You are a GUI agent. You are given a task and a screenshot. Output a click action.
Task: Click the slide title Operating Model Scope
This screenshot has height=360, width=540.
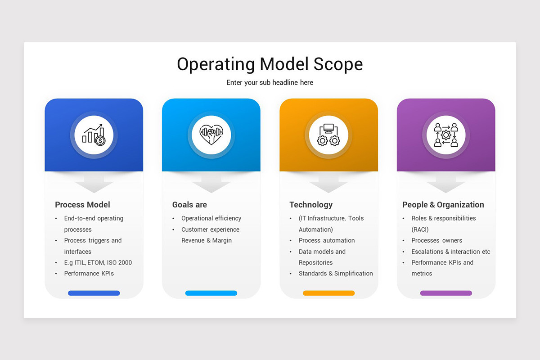(x=270, y=64)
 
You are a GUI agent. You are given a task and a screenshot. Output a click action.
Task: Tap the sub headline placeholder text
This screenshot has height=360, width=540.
(x=270, y=83)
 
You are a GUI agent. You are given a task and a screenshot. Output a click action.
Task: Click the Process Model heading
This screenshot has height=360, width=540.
(x=82, y=205)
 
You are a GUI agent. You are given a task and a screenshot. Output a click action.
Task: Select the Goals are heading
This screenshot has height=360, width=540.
(x=189, y=205)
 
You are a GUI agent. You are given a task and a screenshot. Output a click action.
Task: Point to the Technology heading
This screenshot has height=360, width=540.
(x=311, y=205)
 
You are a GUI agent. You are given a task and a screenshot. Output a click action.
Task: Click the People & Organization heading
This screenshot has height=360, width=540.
(x=443, y=205)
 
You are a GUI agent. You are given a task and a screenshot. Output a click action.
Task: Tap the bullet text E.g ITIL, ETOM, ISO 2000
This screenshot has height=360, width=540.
(x=98, y=262)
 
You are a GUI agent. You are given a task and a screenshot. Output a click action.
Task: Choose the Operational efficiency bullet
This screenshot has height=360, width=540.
(x=211, y=218)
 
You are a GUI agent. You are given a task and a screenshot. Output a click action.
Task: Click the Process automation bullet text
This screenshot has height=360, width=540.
(x=327, y=240)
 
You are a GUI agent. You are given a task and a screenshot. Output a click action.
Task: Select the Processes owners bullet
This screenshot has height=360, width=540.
(x=436, y=240)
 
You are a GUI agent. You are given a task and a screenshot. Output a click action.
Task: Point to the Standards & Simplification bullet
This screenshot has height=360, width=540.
(x=336, y=273)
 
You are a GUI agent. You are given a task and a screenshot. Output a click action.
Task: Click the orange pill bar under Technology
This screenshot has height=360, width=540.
(x=328, y=293)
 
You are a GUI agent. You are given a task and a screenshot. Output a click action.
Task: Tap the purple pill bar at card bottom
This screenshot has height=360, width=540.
(x=445, y=293)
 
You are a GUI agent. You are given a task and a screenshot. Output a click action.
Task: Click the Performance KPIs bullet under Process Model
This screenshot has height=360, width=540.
(x=89, y=273)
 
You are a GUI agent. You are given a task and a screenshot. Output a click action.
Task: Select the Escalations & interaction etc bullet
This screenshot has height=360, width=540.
(x=450, y=252)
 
